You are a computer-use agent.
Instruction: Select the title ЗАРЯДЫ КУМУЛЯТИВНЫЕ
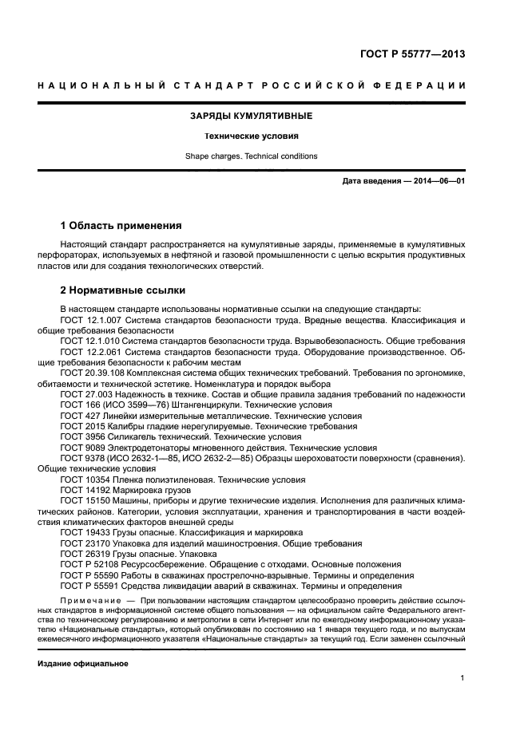(250, 116)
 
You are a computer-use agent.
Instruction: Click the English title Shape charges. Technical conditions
(250, 156)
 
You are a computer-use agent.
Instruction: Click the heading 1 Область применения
(121, 226)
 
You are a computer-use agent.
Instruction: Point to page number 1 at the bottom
(462, 678)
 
